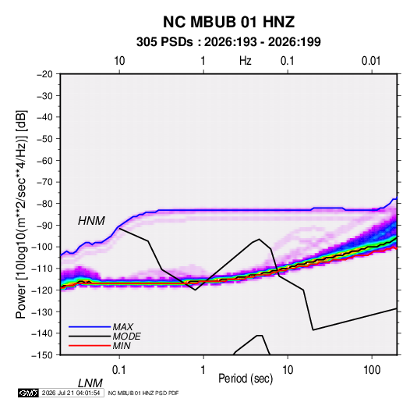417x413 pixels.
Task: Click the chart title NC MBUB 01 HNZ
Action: pos(228,22)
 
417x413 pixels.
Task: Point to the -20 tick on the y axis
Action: pos(44,74)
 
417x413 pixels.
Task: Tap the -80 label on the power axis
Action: pos(44,204)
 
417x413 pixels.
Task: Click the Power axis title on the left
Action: pos(21,215)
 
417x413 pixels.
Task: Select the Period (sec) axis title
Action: pos(246,379)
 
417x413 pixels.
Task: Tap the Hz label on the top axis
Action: pos(246,61)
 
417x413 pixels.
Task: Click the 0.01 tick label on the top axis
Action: pos(371,61)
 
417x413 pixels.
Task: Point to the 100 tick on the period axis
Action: pos(372,370)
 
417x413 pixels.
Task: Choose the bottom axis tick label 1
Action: pos(203,370)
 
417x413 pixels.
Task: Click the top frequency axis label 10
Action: pos(119,61)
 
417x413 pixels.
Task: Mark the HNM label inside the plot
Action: pos(91,221)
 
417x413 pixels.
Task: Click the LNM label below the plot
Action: pos(90,383)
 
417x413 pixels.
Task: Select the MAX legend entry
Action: pos(123,326)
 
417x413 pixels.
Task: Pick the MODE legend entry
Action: pos(126,336)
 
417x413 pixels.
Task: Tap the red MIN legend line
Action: pos(90,346)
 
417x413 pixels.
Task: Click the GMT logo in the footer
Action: pos(28,393)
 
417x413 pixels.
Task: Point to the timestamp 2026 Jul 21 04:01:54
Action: pos(71,393)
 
